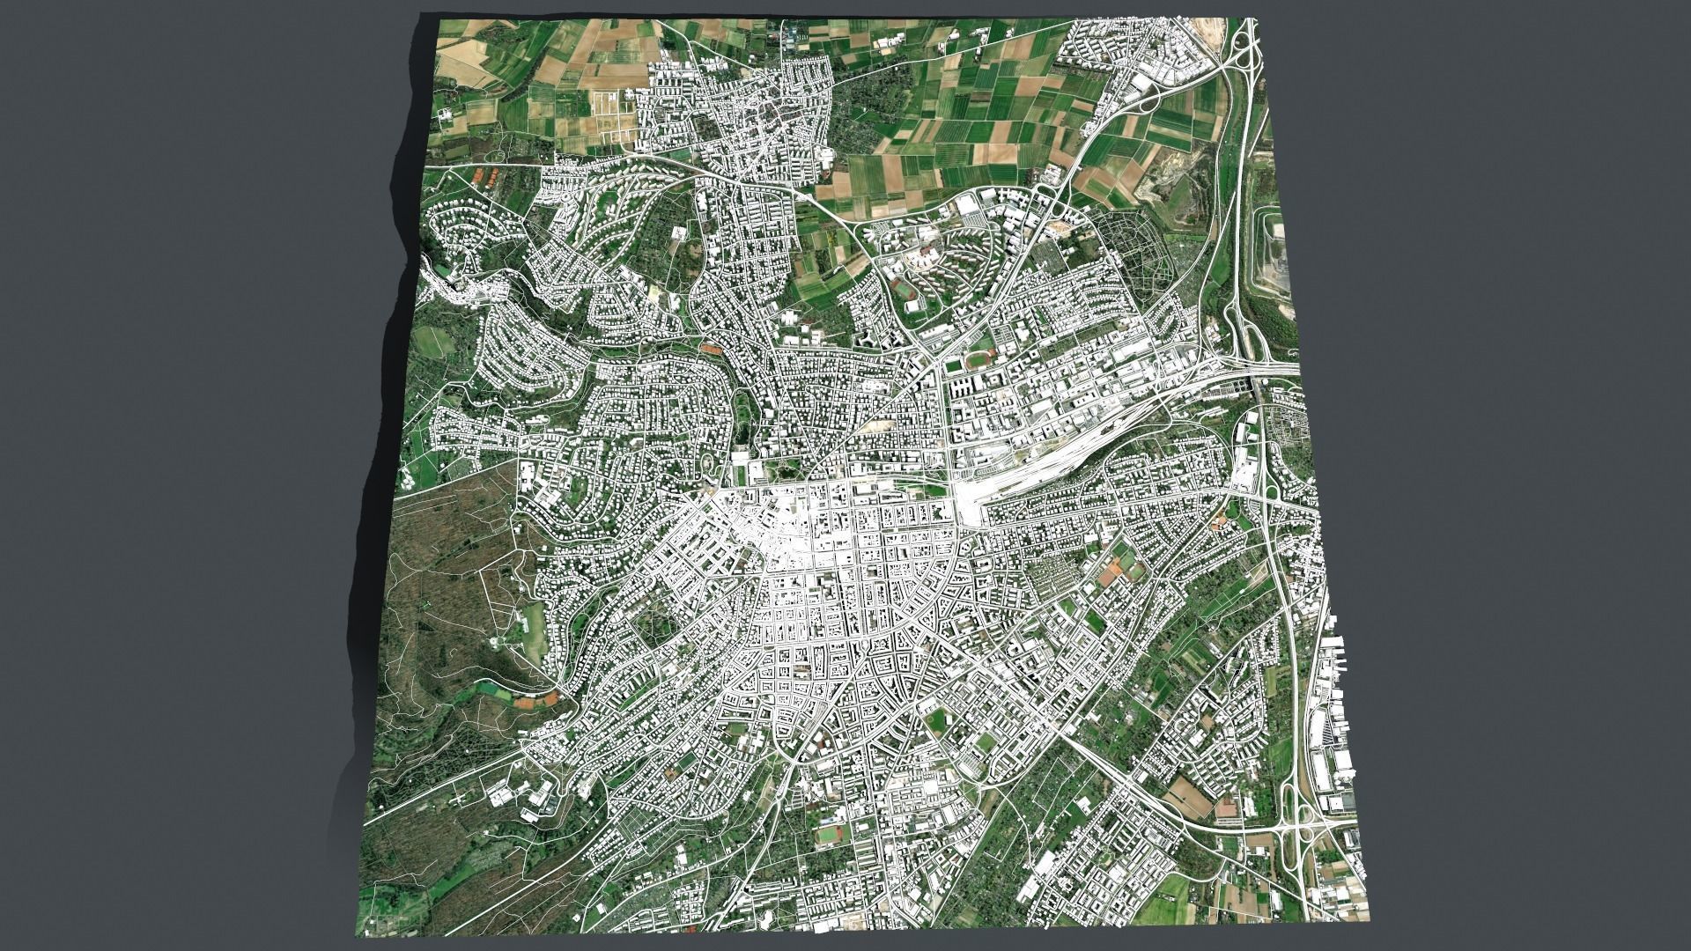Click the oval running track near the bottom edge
[827, 832]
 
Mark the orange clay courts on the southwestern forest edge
[535, 701]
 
